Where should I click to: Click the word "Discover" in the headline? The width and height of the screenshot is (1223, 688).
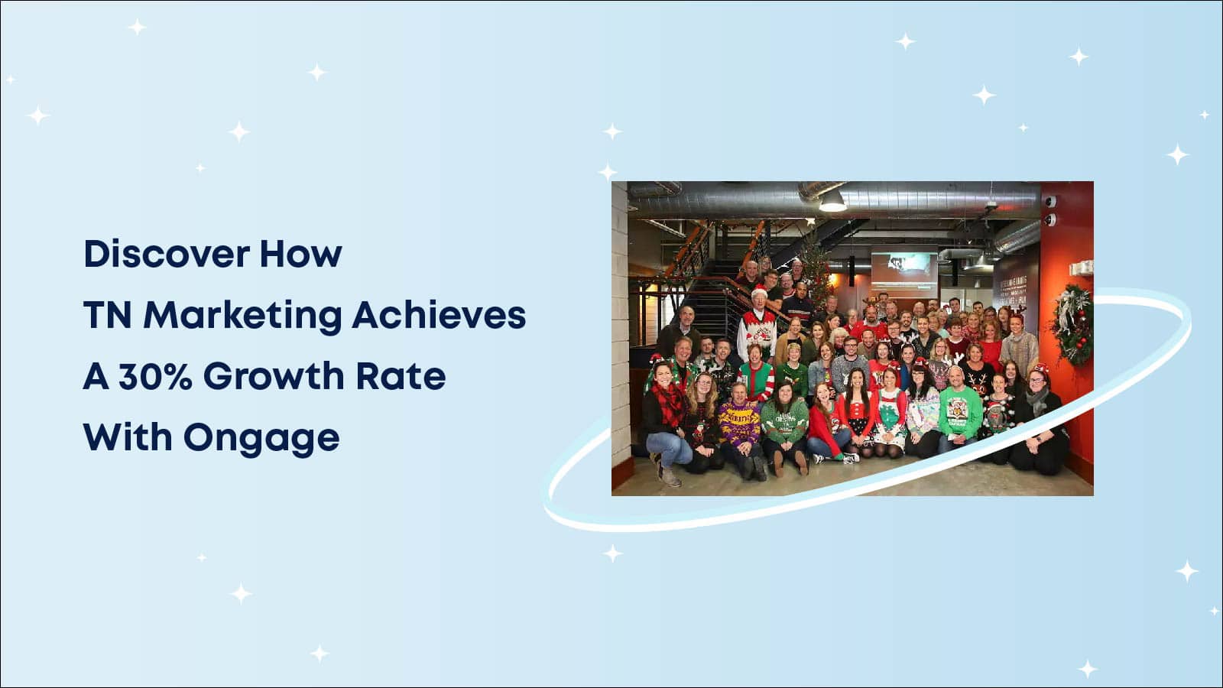tap(167, 254)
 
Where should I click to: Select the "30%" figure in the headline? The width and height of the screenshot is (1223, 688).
tap(156, 376)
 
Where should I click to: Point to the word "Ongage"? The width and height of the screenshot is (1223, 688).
tap(261, 439)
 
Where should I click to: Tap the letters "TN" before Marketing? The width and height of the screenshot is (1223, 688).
tap(108, 316)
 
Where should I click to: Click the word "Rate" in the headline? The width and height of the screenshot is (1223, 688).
tap(401, 376)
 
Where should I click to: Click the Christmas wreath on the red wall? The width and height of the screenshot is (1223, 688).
tap(1071, 324)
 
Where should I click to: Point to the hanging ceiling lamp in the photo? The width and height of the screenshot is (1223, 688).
tap(832, 202)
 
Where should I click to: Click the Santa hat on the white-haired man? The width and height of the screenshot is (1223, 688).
tap(760, 290)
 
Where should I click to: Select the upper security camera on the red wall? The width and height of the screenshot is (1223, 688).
tap(1050, 202)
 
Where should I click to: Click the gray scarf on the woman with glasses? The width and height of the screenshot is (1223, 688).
tap(1036, 401)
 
